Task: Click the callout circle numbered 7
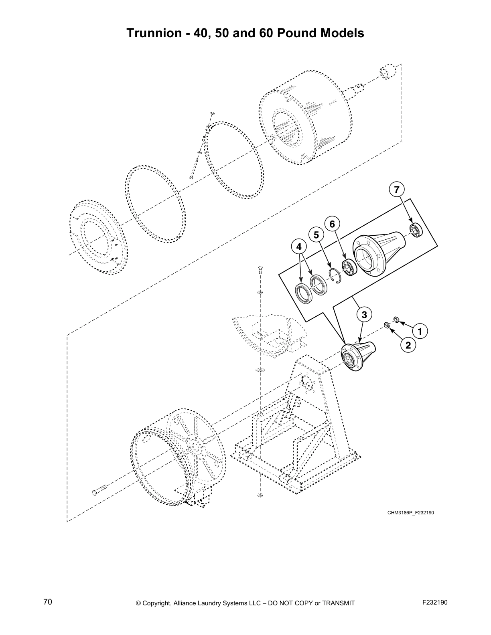coord(396,190)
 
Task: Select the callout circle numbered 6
coord(332,224)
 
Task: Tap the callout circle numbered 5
coord(316,235)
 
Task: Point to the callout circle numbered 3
coord(364,315)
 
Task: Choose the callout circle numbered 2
coord(408,345)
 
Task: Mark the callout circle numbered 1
coord(420,332)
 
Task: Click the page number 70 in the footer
coord(48,602)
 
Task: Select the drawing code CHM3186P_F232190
coord(411,513)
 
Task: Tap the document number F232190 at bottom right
coord(435,602)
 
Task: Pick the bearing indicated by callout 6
coord(349,268)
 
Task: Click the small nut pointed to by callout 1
coord(395,320)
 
